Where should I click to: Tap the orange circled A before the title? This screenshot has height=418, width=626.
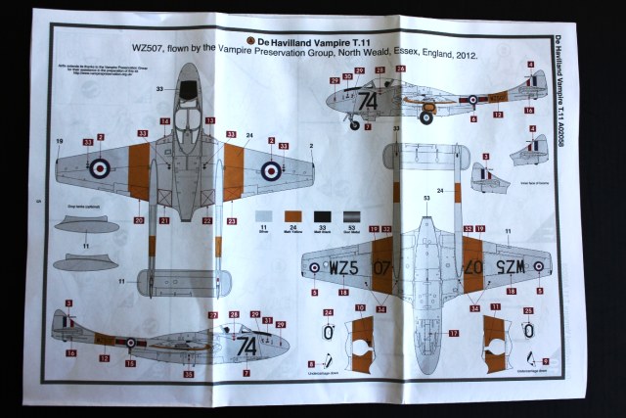[x=251, y=42]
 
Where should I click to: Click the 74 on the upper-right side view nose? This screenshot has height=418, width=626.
[x=367, y=100]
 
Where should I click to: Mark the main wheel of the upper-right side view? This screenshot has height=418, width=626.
[x=426, y=117]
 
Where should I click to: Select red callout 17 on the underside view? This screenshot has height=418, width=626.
[x=454, y=333]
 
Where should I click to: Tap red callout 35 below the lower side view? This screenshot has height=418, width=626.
[x=189, y=373]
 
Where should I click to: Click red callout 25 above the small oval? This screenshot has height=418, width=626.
[x=528, y=309]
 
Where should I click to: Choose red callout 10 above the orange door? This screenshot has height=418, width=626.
[x=360, y=309]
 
